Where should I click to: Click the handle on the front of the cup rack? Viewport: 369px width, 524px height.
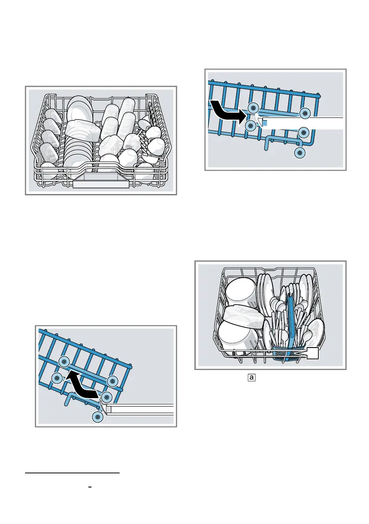click(101, 184)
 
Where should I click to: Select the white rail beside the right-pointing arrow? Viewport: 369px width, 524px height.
click(303, 123)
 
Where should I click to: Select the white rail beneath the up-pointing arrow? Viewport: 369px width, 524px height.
click(141, 409)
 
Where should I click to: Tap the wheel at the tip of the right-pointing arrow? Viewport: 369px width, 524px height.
click(252, 109)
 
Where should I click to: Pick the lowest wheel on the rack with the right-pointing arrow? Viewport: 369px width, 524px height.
click(300, 153)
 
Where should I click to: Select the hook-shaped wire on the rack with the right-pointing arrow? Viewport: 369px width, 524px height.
click(281, 141)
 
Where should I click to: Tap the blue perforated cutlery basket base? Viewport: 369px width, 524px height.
click(285, 352)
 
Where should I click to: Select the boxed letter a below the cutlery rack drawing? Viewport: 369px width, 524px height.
click(251, 377)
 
